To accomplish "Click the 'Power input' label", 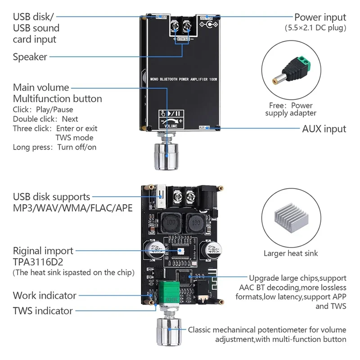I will (x=320, y=18).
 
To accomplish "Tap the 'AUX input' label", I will (x=324, y=129).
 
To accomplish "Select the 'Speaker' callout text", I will (x=30, y=57).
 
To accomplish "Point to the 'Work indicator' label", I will (x=45, y=296).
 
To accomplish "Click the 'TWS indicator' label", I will (x=43, y=310).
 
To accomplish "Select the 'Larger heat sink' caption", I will (x=290, y=253).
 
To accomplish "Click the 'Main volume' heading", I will (x=41, y=87).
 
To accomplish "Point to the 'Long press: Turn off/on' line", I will (x=54, y=147).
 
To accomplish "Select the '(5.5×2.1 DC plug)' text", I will (x=315, y=28).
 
